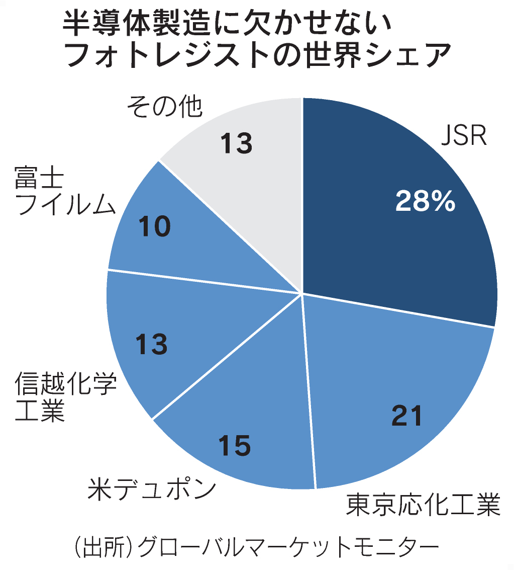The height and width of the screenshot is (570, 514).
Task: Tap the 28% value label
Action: [425, 201]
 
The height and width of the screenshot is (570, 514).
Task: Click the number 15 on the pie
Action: [235, 445]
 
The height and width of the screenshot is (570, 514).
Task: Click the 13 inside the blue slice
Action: [152, 345]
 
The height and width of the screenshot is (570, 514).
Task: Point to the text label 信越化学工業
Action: [65, 397]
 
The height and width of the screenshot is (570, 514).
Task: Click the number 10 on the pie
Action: [155, 227]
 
